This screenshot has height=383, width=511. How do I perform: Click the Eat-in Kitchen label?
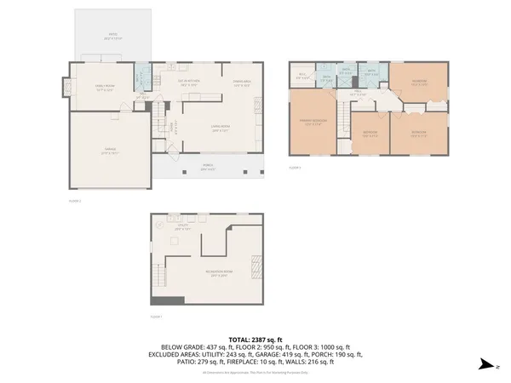187,83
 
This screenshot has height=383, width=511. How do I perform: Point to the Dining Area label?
243,83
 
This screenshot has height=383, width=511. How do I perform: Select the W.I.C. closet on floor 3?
301,76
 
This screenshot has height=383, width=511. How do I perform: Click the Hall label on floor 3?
360,93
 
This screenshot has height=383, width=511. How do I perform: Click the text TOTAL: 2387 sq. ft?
255,340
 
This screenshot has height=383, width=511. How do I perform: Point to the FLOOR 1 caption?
156,315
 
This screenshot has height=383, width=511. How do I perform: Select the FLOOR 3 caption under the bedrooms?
296,168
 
